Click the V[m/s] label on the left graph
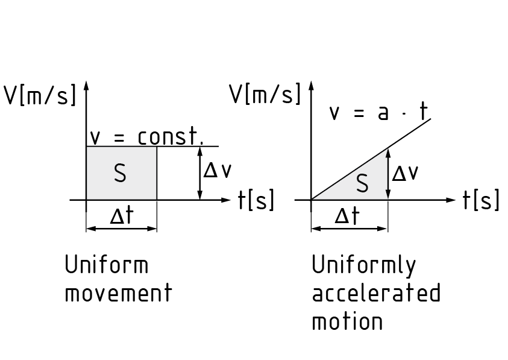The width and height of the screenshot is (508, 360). click(40, 96)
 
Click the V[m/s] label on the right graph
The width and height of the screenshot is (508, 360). click(265, 95)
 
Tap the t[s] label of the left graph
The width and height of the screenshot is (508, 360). click(256, 200)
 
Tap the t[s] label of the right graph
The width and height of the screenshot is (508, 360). click(481, 200)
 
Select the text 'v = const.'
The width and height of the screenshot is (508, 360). click(147, 137)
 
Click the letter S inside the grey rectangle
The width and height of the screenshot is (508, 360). click(120, 174)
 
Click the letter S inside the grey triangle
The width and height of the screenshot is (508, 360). click(362, 184)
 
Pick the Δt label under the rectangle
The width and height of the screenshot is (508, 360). click(121, 216)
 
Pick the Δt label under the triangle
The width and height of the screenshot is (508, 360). click(347, 216)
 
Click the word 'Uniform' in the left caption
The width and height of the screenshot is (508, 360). click(106, 265)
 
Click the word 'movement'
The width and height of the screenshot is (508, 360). click(118, 294)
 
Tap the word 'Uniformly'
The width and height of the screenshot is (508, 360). click(364, 266)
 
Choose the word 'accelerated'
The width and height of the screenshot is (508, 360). click(376, 294)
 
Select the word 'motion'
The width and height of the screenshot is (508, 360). click(347, 321)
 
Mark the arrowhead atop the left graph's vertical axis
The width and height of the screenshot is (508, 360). click(87, 84)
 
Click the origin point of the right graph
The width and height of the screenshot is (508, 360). click(311, 200)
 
